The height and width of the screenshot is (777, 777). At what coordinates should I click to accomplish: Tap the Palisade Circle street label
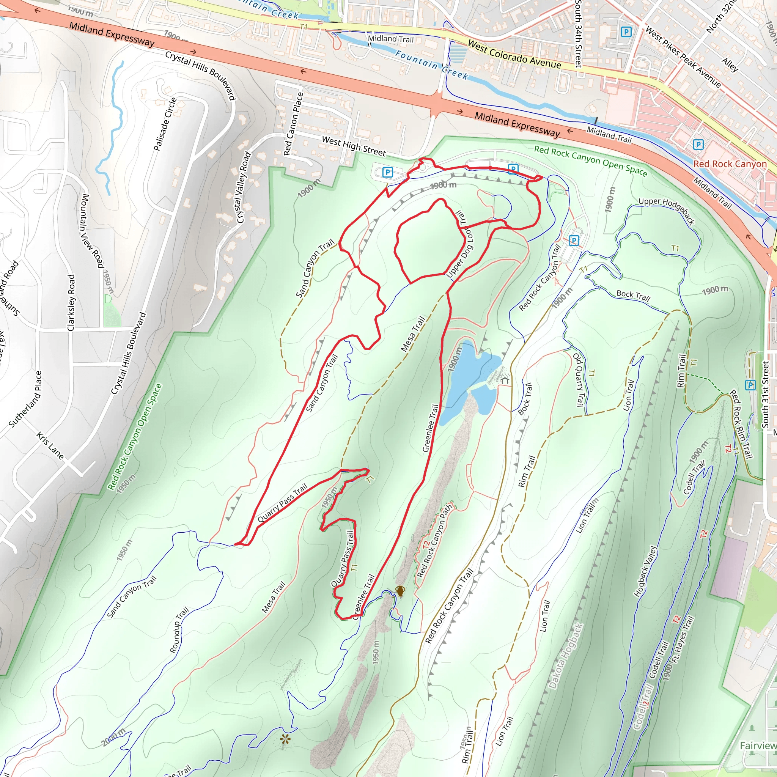point(165,124)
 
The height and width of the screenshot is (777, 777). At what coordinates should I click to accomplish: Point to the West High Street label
point(354,146)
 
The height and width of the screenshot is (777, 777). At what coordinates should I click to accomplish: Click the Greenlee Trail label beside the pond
point(430,428)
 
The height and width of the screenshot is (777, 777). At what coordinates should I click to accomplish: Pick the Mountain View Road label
point(93,231)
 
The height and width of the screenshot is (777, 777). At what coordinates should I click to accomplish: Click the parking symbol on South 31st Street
point(750,385)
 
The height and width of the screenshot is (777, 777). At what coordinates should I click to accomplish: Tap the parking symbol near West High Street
point(387,172)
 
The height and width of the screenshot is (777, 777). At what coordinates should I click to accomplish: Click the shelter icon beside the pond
point(505,380)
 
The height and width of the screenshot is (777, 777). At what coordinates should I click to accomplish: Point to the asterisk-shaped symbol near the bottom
point(285,739)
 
